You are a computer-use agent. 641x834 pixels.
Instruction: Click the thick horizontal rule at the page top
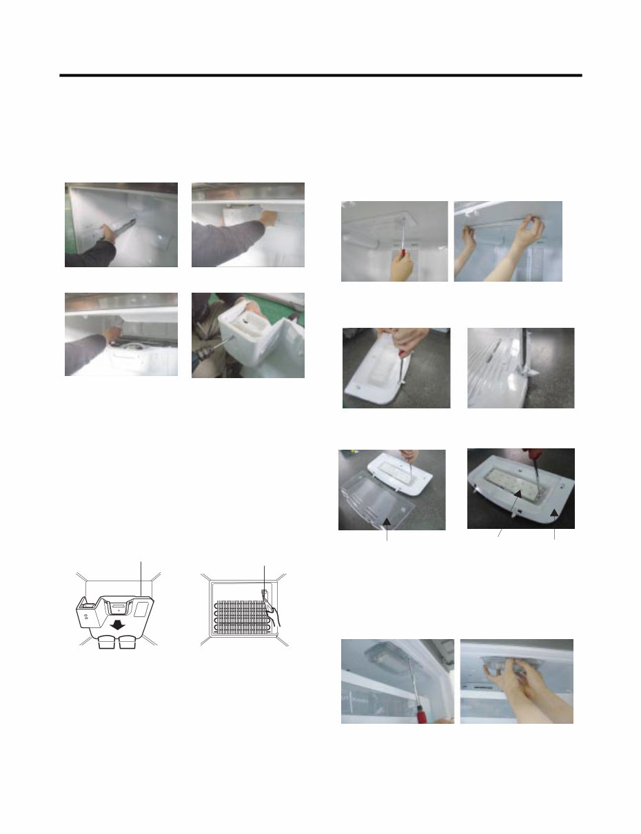[320, 75]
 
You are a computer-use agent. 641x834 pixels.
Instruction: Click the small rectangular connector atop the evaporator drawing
[264, 592]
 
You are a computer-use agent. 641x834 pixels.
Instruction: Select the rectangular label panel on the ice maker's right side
[142, 608]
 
